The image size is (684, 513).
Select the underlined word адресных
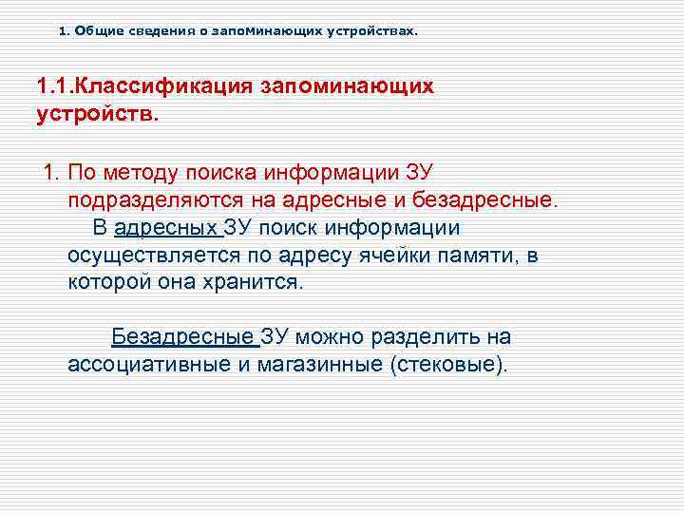tap(165, 229)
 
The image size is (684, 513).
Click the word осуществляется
tap(151, 256)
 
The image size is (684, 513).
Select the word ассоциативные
tap(144, 365)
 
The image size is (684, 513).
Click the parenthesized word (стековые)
tap(449, 365)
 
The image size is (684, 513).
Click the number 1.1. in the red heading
tap(55, 86)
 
